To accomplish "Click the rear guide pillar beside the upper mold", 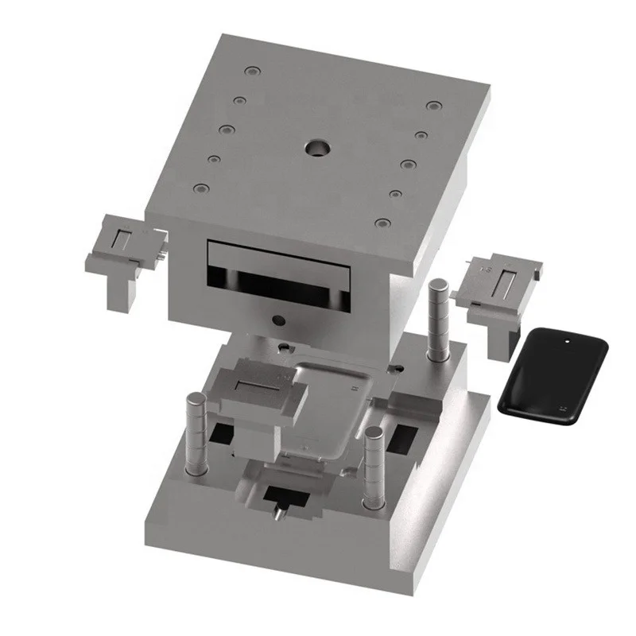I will [x=436, y=319].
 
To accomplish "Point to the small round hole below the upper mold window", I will [x=277, y=320].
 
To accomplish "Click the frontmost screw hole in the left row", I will [x=201, y=190].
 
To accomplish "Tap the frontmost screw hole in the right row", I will [x=383, y=224].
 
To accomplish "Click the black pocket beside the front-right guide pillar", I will [x=405, y=435].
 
